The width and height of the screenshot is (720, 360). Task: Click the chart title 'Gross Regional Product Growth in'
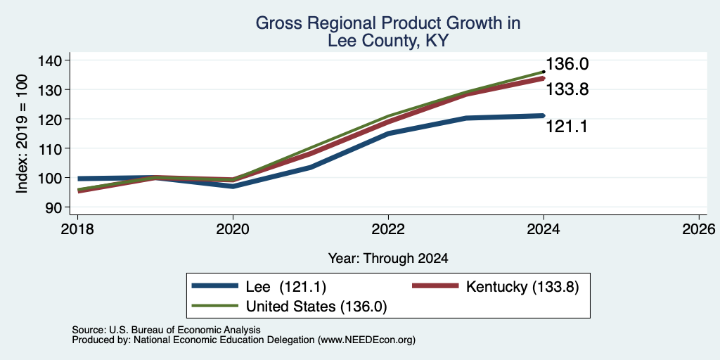point(388,23)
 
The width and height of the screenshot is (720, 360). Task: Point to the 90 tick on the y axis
point(60,207)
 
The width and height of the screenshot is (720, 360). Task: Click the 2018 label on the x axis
point(77,229)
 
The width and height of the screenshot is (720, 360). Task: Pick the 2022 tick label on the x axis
point(388,229)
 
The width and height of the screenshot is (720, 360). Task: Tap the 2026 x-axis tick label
point(699,229)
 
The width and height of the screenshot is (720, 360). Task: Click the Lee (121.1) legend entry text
point(287,287)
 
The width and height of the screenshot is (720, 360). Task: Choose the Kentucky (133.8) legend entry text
point(522,287)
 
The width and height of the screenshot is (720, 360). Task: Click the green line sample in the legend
point(215,306)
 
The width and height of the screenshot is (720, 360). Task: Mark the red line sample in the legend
point(435,286)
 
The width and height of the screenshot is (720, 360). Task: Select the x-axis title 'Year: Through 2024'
point(388,259)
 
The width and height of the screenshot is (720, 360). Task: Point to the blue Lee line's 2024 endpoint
point(544,115)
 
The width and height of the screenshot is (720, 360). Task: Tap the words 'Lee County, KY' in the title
point(388,41)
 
